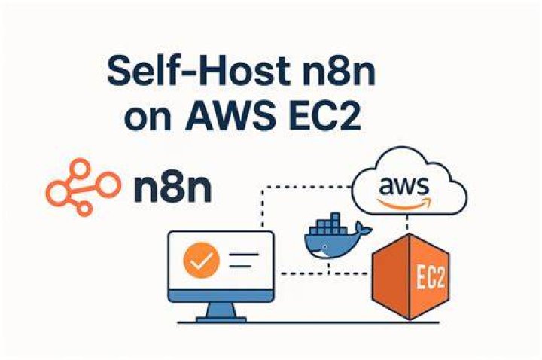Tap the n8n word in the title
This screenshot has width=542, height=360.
(x=338, y=72)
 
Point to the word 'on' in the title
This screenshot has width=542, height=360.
(x=148, y=118)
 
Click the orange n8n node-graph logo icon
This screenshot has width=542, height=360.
(x=84, y=187)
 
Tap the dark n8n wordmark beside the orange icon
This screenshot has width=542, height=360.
(x=172, y=188)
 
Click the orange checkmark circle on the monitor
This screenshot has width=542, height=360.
(x=202, y=261)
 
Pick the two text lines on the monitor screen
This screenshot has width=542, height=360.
(x=244, y=261)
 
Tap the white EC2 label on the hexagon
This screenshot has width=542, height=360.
(x=431, y=276)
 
